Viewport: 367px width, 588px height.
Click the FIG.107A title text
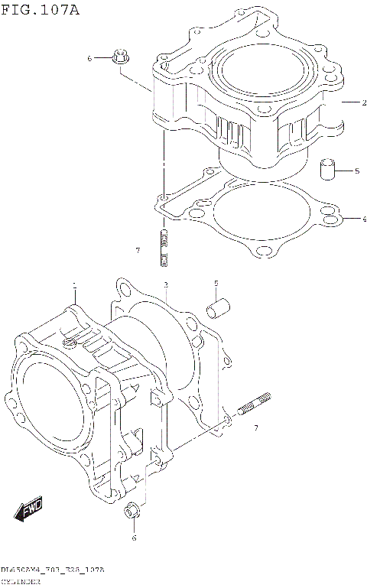coord(40,10)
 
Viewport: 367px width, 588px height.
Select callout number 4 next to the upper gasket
coord(344,219)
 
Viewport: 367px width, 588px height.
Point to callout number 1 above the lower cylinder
coord(75,287)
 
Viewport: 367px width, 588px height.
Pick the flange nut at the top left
coord(120,57)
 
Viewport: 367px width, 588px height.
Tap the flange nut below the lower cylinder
coord(132,511)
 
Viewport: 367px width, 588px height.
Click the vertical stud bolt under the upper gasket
coord(164,249)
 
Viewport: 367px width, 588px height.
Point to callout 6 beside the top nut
coord(89,58)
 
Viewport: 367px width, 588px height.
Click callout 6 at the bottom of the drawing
coord(134,538)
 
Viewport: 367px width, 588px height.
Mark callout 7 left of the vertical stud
coord(137,250)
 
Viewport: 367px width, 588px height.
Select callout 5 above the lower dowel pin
coord(216,284)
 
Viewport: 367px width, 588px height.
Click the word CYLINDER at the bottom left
coord(21,582)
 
